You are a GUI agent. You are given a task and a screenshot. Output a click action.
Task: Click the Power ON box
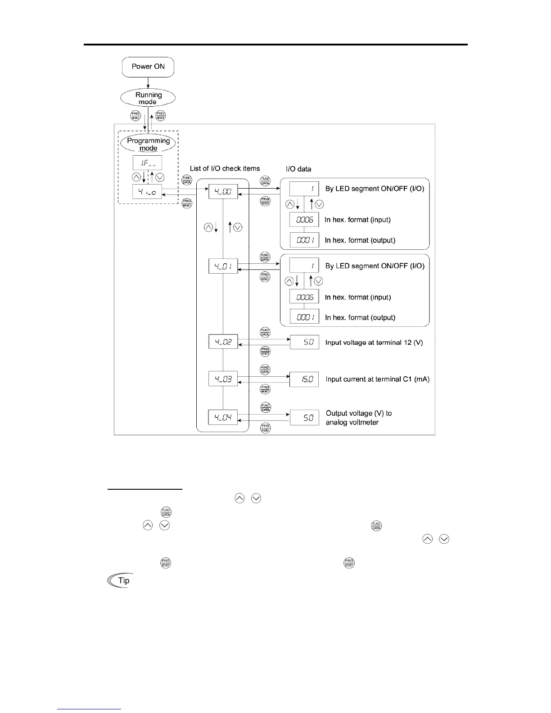(148, 67)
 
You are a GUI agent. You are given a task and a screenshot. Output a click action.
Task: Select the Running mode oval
(148, 98)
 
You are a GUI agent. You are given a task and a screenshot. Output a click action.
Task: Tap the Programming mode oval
(148, 144)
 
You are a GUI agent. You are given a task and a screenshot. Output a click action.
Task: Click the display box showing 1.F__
(147, 163)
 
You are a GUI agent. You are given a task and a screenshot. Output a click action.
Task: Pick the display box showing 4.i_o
(147, 192)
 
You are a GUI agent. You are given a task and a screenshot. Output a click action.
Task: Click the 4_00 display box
(223, 192)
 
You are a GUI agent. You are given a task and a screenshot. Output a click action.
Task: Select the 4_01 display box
(223, 266)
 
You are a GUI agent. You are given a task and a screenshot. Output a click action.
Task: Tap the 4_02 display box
(223, 342)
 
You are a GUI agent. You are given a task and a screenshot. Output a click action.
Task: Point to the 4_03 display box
(223, 379)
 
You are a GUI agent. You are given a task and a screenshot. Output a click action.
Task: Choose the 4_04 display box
(223, 417)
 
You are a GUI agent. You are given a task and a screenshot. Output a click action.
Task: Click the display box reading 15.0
(304, 379)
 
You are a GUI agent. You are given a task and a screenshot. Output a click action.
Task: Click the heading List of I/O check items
(225, 168)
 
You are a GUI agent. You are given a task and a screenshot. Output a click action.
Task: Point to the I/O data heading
(298, 169)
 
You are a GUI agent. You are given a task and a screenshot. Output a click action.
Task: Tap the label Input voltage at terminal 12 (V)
(374, 343)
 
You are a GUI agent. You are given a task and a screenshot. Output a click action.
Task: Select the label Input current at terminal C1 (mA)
(377, 379)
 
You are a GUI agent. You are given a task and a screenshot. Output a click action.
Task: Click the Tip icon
(120, 581)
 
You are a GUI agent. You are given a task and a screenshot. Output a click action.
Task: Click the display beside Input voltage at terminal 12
(304, 342)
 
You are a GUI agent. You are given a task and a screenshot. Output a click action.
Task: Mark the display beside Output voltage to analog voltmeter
(304, 418)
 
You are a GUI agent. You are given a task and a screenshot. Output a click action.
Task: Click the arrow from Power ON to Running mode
(148, 83)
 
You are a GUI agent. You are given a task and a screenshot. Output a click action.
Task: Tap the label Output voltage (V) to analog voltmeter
(358, 418)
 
